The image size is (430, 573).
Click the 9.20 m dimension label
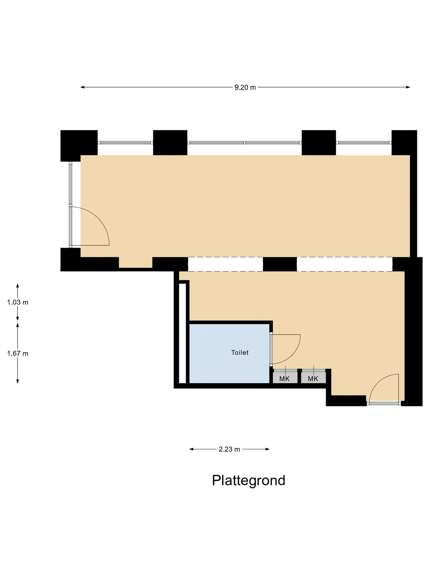pyautogui.click(x=245, y=88)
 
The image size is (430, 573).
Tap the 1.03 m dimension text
pyautogui.click(x=18, y=302)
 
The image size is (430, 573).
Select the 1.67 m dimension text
pyautogui.click(x=18, y=354)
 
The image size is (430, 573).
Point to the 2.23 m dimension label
pyautogui.click(x=229, y=449)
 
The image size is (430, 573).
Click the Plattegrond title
pyautogui.click(x=249, y=480)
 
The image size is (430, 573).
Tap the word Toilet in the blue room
pyautogui.click(x=240, y=353)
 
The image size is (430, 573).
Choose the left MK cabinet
pyautogui.click(x=285, y=379)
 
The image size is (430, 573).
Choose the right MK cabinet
pyautogui.click(x=313, y=379)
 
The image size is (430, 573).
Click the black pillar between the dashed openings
pyautogui.click(x=280, y=264)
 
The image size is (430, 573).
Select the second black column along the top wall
pyautogui.click(x=170, y=142)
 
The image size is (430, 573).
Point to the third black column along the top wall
pyautogui.click(x=319, y=142)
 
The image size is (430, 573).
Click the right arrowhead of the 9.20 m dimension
pyautogui.click(x=408, y=87)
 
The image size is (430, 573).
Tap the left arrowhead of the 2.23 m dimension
pyautogui.click(x=191, y=449)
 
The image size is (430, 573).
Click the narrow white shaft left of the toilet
pyautogui.click(x=182, y=333)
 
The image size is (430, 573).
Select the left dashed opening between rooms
pyautogui.click(x=225, y=264)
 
